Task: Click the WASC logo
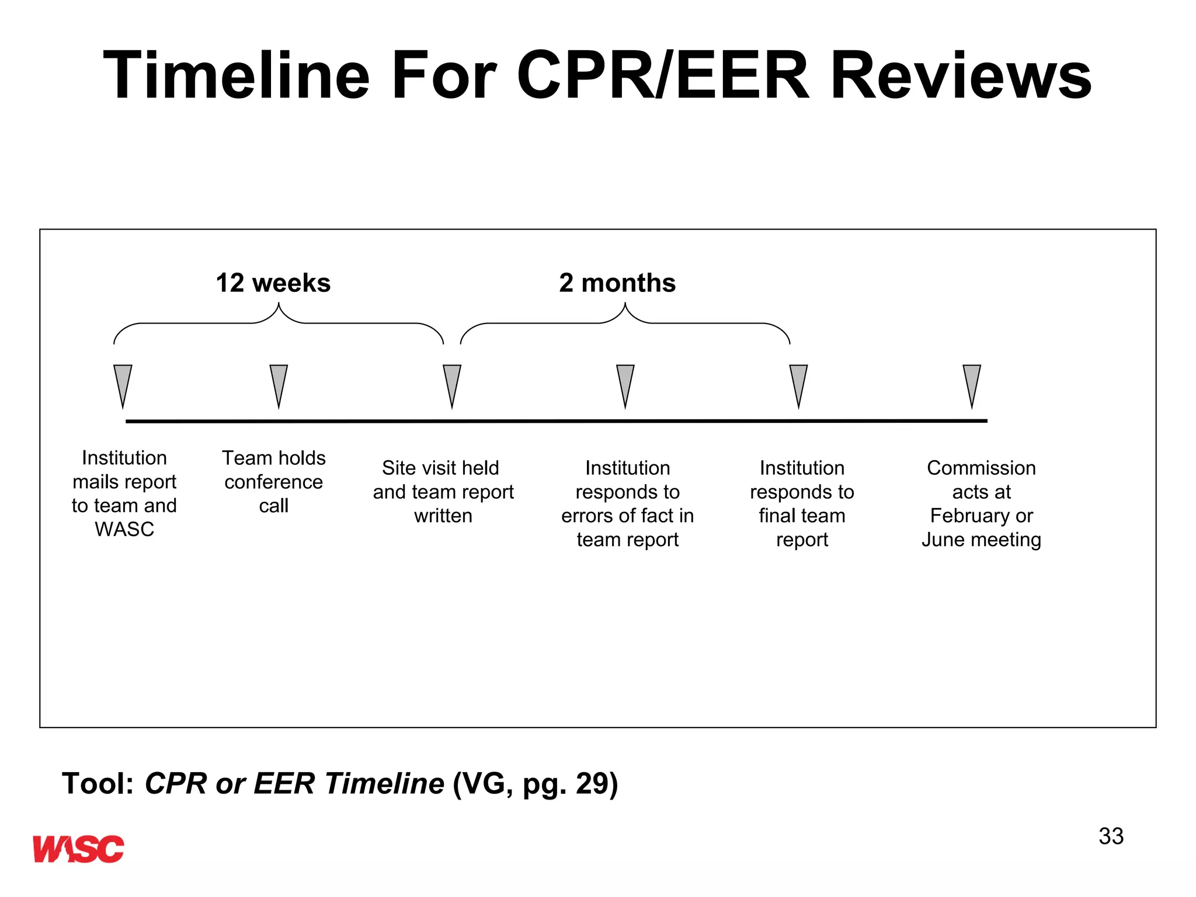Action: point(78,849)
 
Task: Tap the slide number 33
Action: point(1110,836)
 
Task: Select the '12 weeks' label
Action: point(273,283)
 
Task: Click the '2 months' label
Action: point(617,283)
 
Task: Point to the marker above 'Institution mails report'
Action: point(123,383)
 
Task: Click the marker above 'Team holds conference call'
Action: point(279,383)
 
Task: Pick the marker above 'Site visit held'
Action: point(452,383)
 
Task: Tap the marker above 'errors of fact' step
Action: point(625,383)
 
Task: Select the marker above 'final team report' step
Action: point(798,383)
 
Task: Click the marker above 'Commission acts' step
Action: point(972,383)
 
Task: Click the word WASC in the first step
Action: point(124,529)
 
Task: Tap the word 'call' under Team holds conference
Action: point(273,505)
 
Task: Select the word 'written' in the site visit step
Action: point(443,516)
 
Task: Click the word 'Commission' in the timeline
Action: point(981,468)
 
